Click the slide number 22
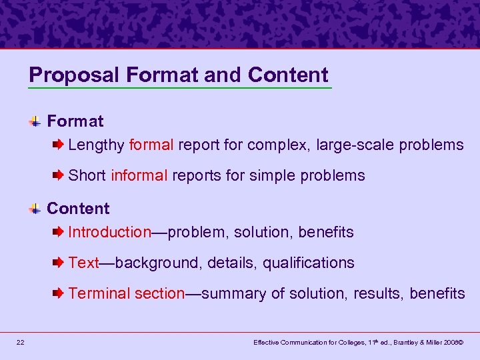21,342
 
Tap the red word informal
139,175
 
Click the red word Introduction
110,232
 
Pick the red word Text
83,263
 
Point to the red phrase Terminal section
126,293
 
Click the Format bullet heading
75,121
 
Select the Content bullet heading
78,209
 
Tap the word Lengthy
96,145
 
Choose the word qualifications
308,263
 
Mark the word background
157,263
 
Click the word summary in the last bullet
230,294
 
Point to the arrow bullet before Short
59,175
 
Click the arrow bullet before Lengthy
59,145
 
